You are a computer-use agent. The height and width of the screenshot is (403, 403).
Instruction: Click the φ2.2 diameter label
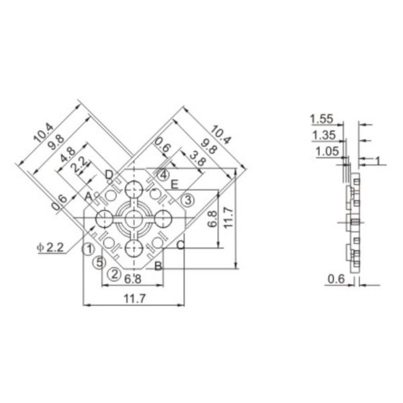51,247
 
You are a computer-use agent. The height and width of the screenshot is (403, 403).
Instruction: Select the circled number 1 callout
87,249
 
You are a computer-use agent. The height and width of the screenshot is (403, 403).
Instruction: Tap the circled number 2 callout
115,273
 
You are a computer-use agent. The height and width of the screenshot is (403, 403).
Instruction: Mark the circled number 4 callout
164,175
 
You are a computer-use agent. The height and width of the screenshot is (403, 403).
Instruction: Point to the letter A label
88,195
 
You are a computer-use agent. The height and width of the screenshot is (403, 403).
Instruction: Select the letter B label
157,267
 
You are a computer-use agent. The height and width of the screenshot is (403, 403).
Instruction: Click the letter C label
180,244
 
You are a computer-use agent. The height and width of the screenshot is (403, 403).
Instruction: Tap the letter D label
109,175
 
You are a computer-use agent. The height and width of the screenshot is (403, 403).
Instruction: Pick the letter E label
174,184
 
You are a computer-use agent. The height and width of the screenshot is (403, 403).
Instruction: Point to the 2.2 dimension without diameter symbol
80,163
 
